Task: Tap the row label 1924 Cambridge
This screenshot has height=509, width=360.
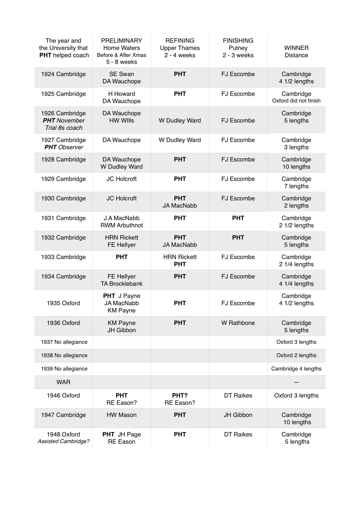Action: click(x=63, y=74)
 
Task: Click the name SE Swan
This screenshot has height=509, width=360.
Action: click(x=121, y=74)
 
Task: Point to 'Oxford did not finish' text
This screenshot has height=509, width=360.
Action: click(x=296, y=101)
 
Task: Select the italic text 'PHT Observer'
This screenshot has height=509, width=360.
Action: click(x=64, y=147)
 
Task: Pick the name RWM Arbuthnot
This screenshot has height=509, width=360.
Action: click(x=121, y=225)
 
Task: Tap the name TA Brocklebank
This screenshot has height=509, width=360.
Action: click(x=121, y=284)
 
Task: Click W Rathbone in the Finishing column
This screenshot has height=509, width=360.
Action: click(x=238, y=323)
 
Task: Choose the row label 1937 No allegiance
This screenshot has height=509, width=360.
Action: click(x=64, y=342)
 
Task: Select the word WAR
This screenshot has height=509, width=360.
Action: click(x=63, y=382)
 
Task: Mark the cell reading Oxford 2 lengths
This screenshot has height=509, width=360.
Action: click(x=296, y=355)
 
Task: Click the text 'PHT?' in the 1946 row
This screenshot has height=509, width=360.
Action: click(x=180, y=395)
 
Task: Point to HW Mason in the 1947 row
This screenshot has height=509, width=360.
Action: click(x=121, y=415)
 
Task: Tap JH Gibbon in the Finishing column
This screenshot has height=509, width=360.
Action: click(x=238, y=415)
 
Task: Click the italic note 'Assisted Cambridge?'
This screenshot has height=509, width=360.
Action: click(x=63, y=441)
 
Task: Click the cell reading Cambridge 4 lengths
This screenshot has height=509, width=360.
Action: click(x=296, y=369)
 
